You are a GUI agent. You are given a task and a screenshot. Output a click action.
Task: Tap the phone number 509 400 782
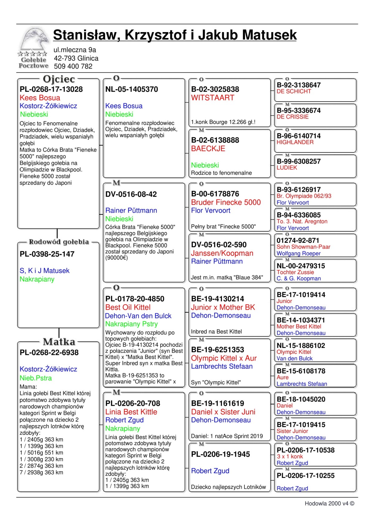(73, 66)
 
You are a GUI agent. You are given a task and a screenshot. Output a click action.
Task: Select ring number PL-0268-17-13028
(51, 89)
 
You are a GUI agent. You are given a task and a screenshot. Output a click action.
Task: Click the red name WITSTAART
(213, 98)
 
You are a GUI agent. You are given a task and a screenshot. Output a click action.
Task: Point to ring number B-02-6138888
(215, 140)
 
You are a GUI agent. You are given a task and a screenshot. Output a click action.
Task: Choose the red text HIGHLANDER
(295, 142)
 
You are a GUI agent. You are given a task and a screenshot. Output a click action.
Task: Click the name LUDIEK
(287, 168)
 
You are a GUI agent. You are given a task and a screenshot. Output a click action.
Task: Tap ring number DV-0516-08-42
(131, 194)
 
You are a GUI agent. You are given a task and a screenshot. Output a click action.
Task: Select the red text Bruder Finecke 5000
(226, 202)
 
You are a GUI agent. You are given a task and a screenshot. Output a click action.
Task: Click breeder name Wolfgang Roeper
(299, 253)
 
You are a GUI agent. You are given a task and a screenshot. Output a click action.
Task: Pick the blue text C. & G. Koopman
(299, 279)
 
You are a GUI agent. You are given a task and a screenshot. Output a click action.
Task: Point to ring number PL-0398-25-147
(47, 254)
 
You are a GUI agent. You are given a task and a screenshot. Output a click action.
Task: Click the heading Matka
(59, 342)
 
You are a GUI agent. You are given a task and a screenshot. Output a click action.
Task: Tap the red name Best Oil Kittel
(128, 307)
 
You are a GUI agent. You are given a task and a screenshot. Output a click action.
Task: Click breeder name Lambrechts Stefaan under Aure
(302, 384)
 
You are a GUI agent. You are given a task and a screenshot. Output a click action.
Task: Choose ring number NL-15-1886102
(301, 346)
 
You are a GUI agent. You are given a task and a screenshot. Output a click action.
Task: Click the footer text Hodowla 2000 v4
(329, 503)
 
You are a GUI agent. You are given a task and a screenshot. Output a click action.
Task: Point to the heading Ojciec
(59, 79)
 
